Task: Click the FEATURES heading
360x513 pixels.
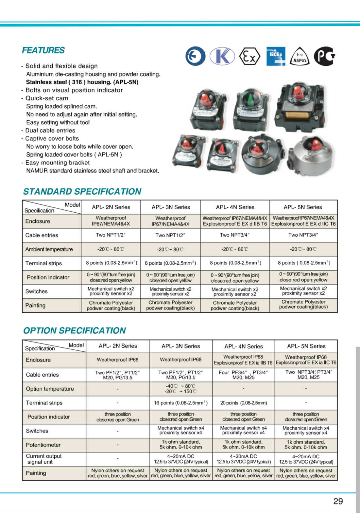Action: [43, 50]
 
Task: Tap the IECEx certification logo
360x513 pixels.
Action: [276, 56]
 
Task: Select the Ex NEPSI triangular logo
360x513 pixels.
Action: [300, 57]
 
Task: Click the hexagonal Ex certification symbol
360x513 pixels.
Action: [249, 56]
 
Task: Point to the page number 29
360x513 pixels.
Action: [338, 501]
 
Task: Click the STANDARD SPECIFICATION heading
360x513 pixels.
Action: [82, 191]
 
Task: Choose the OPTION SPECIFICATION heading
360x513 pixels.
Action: [74, 330]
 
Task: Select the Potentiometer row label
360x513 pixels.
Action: [43, 445]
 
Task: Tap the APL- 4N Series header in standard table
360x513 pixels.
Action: [235, 207]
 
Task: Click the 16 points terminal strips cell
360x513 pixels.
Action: [180, 403]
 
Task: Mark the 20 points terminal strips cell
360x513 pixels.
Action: [243, 403]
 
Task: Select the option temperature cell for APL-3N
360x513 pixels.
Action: [180, 389]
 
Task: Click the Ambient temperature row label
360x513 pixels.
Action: [49, 249]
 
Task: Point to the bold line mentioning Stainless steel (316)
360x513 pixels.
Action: [82, 82]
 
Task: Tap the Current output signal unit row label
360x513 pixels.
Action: [43, 459]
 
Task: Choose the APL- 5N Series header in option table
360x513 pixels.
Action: [306, 346]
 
